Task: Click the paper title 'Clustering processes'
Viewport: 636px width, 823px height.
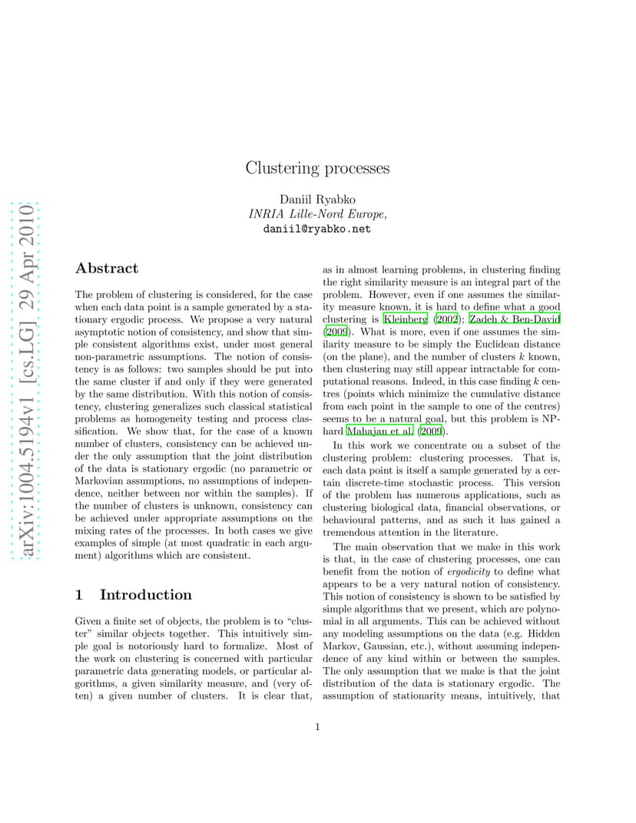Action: tap(317, 168)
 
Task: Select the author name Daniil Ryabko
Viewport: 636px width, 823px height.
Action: tap(317, 200)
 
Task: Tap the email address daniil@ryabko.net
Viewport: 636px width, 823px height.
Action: tap(317, 229)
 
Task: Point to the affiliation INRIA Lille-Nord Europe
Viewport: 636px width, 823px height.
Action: tap(317, 214)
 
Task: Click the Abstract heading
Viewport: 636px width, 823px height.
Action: tap(107, 268)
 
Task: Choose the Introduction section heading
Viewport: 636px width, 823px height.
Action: tap(146, 594)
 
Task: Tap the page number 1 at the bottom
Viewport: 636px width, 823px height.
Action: tap(317, 727)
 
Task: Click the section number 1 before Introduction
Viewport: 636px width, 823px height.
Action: tap(79, 594)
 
